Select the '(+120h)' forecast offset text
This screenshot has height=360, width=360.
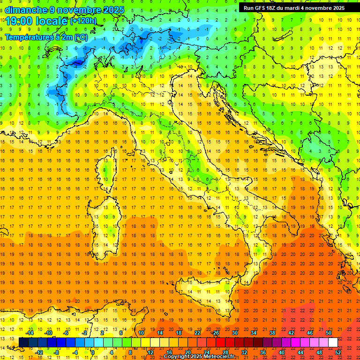point(83,21)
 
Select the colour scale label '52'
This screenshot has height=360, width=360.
point(338,352)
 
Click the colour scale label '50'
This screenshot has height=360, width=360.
point(329,332)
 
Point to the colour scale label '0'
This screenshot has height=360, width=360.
point(93,352)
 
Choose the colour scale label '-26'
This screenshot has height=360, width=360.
point(215,332)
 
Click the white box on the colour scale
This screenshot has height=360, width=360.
point(333,342)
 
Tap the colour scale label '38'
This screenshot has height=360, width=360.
point(272,332)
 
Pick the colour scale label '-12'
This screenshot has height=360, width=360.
point(39,352)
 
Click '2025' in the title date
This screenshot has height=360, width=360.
point(114,10)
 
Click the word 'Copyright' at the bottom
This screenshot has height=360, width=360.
point(178,356)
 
